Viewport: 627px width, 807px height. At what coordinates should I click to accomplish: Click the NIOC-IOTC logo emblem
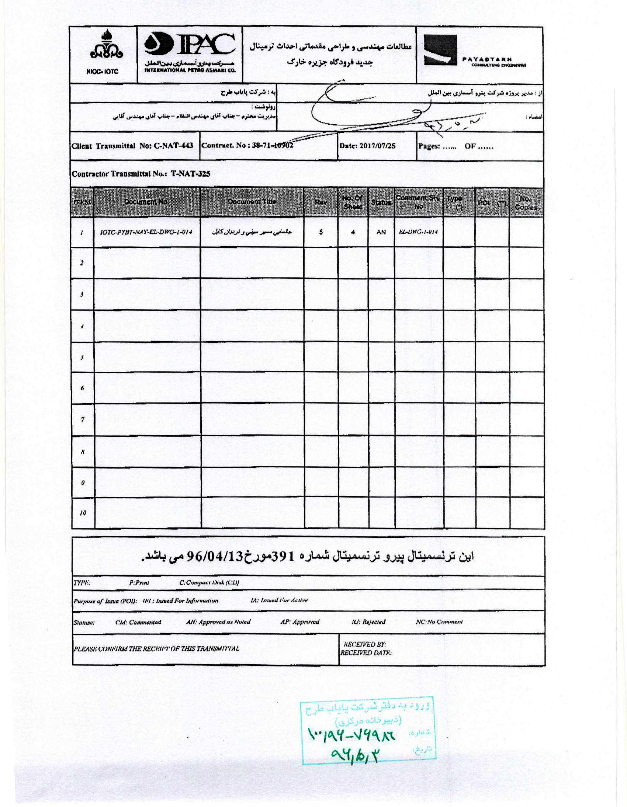107,46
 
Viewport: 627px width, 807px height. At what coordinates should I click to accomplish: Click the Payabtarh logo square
440,50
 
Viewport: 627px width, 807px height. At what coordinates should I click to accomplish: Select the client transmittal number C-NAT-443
173,146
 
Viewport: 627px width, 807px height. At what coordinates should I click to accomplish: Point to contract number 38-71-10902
273,145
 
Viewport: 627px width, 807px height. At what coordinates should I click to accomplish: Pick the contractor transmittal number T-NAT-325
190,174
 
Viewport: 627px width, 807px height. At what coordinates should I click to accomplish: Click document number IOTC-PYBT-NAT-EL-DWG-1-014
146,232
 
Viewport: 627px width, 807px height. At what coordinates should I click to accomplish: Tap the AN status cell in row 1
381,232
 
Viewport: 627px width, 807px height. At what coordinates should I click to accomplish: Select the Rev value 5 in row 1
321,232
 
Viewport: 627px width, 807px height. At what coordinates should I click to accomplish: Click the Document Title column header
252,201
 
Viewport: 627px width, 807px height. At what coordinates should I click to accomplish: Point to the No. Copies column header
526,202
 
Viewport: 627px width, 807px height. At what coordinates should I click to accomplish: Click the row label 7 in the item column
82,419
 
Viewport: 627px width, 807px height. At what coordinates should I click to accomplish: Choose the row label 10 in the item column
83,513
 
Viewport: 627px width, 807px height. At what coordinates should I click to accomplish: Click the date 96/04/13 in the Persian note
214,556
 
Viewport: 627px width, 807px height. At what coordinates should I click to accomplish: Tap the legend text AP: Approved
299,621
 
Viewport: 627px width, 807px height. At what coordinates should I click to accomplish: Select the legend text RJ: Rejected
368,621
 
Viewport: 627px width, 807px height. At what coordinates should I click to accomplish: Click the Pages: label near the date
429,146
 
